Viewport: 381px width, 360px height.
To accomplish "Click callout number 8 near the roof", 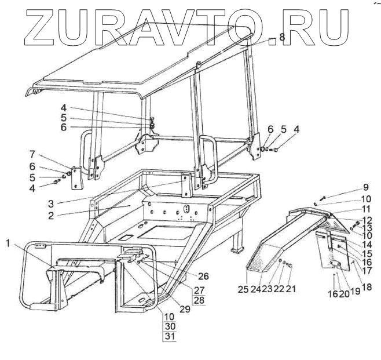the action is pyautogui.click(x=282, y=37).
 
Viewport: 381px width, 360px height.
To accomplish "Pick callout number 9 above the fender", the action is pyautogui.click(x=365, y=187).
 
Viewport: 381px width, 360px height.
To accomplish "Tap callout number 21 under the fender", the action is pyautogui.click(x=291, y=288).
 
